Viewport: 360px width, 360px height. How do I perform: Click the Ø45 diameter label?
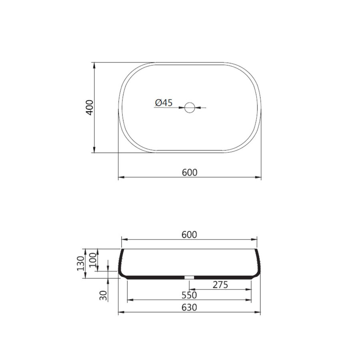coord(163,103)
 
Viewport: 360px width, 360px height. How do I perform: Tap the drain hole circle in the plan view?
coord(190,107)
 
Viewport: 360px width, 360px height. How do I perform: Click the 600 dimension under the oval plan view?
coord(190,172)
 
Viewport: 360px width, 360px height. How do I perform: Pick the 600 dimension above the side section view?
coord(189,235)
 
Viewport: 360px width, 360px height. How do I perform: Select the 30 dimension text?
coord(104,295)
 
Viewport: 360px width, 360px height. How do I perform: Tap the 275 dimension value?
coord(220,285)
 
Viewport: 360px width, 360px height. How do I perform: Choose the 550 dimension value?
coord(189,296)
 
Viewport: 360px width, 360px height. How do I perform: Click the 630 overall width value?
coord(189,308)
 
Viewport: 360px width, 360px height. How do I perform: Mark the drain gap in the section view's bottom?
coord(189,277)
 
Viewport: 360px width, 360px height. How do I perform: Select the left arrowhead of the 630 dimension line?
coord(120,312)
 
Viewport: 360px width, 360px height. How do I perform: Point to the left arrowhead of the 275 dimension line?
coord(191,289)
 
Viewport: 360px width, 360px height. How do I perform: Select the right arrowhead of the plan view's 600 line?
coord(259,177)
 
